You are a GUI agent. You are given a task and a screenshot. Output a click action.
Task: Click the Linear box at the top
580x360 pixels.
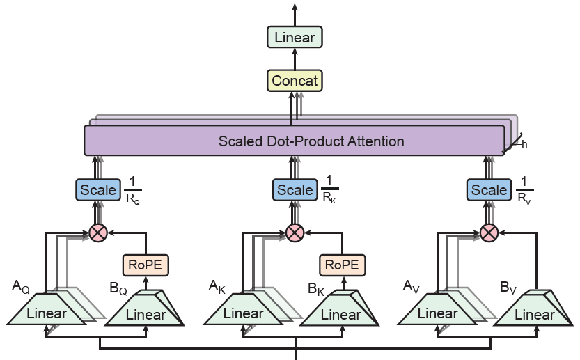(x=295, y=37)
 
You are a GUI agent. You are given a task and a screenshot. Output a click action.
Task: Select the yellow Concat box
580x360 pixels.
(x=295, y=81)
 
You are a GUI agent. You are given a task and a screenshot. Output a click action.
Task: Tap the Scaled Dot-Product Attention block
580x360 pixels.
(x=295, y=141)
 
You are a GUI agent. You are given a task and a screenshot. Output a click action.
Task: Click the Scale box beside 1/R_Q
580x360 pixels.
(x=98, y=190)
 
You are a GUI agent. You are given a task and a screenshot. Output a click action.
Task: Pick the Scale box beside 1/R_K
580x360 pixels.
(x=295, y=190)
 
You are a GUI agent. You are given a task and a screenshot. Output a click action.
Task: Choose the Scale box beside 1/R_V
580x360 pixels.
(x=489, y=190)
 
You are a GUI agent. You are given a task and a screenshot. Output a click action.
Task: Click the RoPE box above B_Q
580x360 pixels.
(x=146, y=265)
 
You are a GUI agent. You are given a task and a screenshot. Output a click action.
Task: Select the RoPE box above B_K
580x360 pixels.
(x=342, y=265)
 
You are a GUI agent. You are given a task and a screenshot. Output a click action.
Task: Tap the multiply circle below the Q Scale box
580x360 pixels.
(x=98, y=233)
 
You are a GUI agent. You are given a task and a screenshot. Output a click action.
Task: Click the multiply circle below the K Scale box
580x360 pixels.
(x=295, y=233)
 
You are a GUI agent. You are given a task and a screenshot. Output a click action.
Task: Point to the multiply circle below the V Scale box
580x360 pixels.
(x=489, y=233)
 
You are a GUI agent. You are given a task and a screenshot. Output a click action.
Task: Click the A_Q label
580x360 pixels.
(x=21, y=287)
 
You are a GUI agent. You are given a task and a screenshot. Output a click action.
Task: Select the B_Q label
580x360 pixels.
(x=118, y=288)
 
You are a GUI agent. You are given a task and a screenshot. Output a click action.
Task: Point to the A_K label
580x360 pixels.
(x=217, y=287)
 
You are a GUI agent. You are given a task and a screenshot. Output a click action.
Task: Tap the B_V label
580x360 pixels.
(x=508, y=288)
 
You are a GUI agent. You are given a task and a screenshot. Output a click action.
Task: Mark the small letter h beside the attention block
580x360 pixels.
(x=524, y=144)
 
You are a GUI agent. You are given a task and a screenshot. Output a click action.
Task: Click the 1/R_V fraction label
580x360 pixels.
(x=524, y=190)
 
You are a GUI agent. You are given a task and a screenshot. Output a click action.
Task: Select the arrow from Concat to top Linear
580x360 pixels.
(x=295, y=58)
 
